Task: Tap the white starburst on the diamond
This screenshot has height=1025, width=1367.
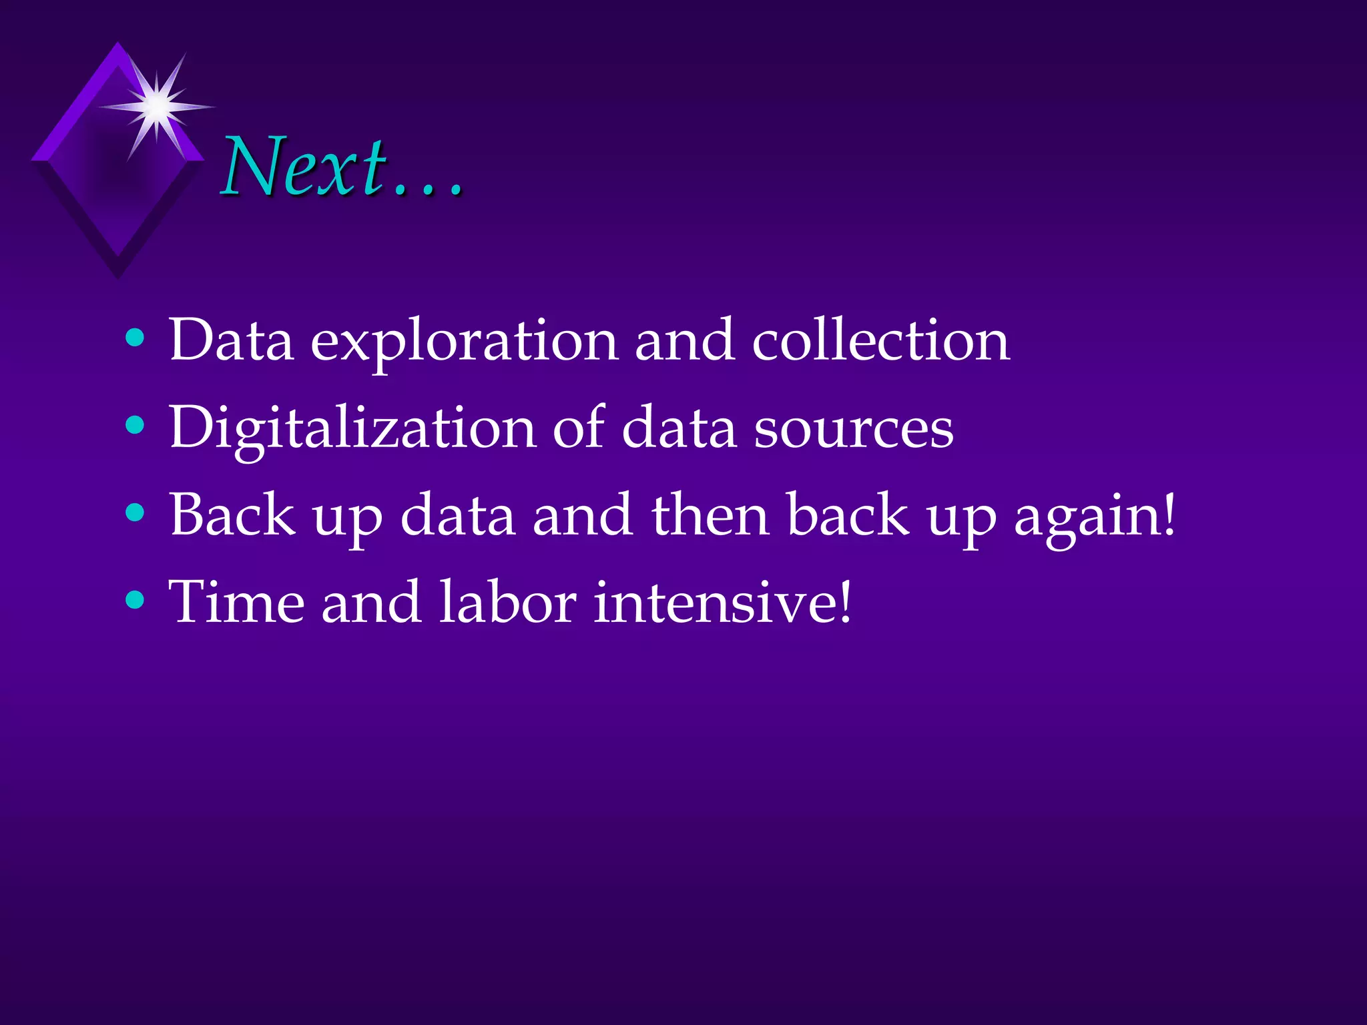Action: tap(157, 105)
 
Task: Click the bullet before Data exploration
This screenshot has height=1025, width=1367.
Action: tap(135, 338)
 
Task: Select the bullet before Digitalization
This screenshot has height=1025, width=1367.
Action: tap(135, 425)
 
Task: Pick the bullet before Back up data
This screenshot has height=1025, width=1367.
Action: tap(135, 512)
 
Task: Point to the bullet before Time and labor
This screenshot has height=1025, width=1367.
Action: tap(135, 600)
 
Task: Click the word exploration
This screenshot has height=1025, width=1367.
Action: tap(465, 342)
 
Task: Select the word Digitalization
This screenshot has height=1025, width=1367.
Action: tap(352, 428)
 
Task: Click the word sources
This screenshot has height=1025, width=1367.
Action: tap(854, 428)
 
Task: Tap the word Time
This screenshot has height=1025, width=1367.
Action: tap(238, 602)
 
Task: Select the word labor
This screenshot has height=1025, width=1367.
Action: tap(508, 602)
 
